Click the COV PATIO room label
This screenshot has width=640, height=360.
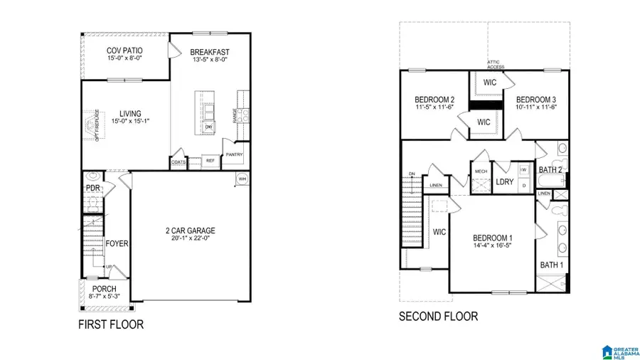click(x=124, y=51)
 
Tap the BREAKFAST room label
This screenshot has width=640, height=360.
click(x=209, y=51)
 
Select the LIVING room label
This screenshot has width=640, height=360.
click(x=129, y=113)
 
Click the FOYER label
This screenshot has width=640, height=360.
click(x=117, y=243)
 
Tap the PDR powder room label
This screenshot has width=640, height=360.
click(x=92, y=188)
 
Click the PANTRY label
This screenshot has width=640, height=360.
click(x=234, y=154)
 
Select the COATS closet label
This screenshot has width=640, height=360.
click(x=179, y=162)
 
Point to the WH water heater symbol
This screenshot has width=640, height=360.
click(x=242, y=178)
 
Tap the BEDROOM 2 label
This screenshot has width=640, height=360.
click(x=434, y=99)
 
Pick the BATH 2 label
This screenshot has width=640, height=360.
click(x=550, y=169)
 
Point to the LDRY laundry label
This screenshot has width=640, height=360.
click(x=504, y=181)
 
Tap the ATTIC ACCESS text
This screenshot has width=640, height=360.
click(x=495, y=64)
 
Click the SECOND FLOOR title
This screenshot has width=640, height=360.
click(x=438, y=316)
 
